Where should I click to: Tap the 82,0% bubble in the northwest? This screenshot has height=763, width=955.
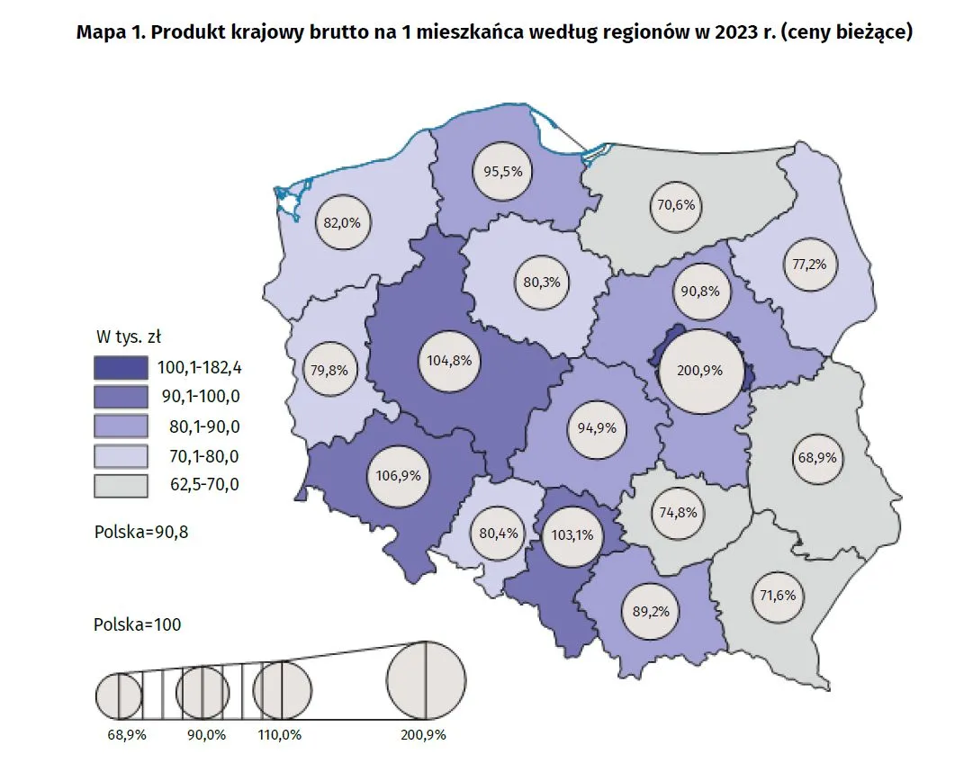pos(342,221)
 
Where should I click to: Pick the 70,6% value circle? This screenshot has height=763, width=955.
pos(675,204)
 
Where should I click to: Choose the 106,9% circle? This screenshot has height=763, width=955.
pos(396,474)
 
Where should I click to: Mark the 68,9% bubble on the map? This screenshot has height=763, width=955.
pos(817,457)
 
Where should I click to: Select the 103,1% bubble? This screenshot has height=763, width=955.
pos(572,534)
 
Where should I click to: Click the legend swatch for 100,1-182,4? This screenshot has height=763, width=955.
pos(121,367)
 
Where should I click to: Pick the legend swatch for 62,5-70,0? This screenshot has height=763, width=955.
pos(121,486)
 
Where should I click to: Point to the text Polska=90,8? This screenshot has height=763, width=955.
pos(141,531)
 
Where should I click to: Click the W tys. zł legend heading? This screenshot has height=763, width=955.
pos(128,337)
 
